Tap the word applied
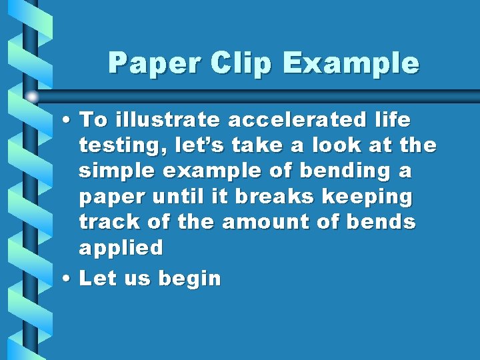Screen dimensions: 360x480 tap(121, 248)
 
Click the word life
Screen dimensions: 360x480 tap(393, 120)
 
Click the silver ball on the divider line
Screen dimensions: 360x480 tap(32, 97)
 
